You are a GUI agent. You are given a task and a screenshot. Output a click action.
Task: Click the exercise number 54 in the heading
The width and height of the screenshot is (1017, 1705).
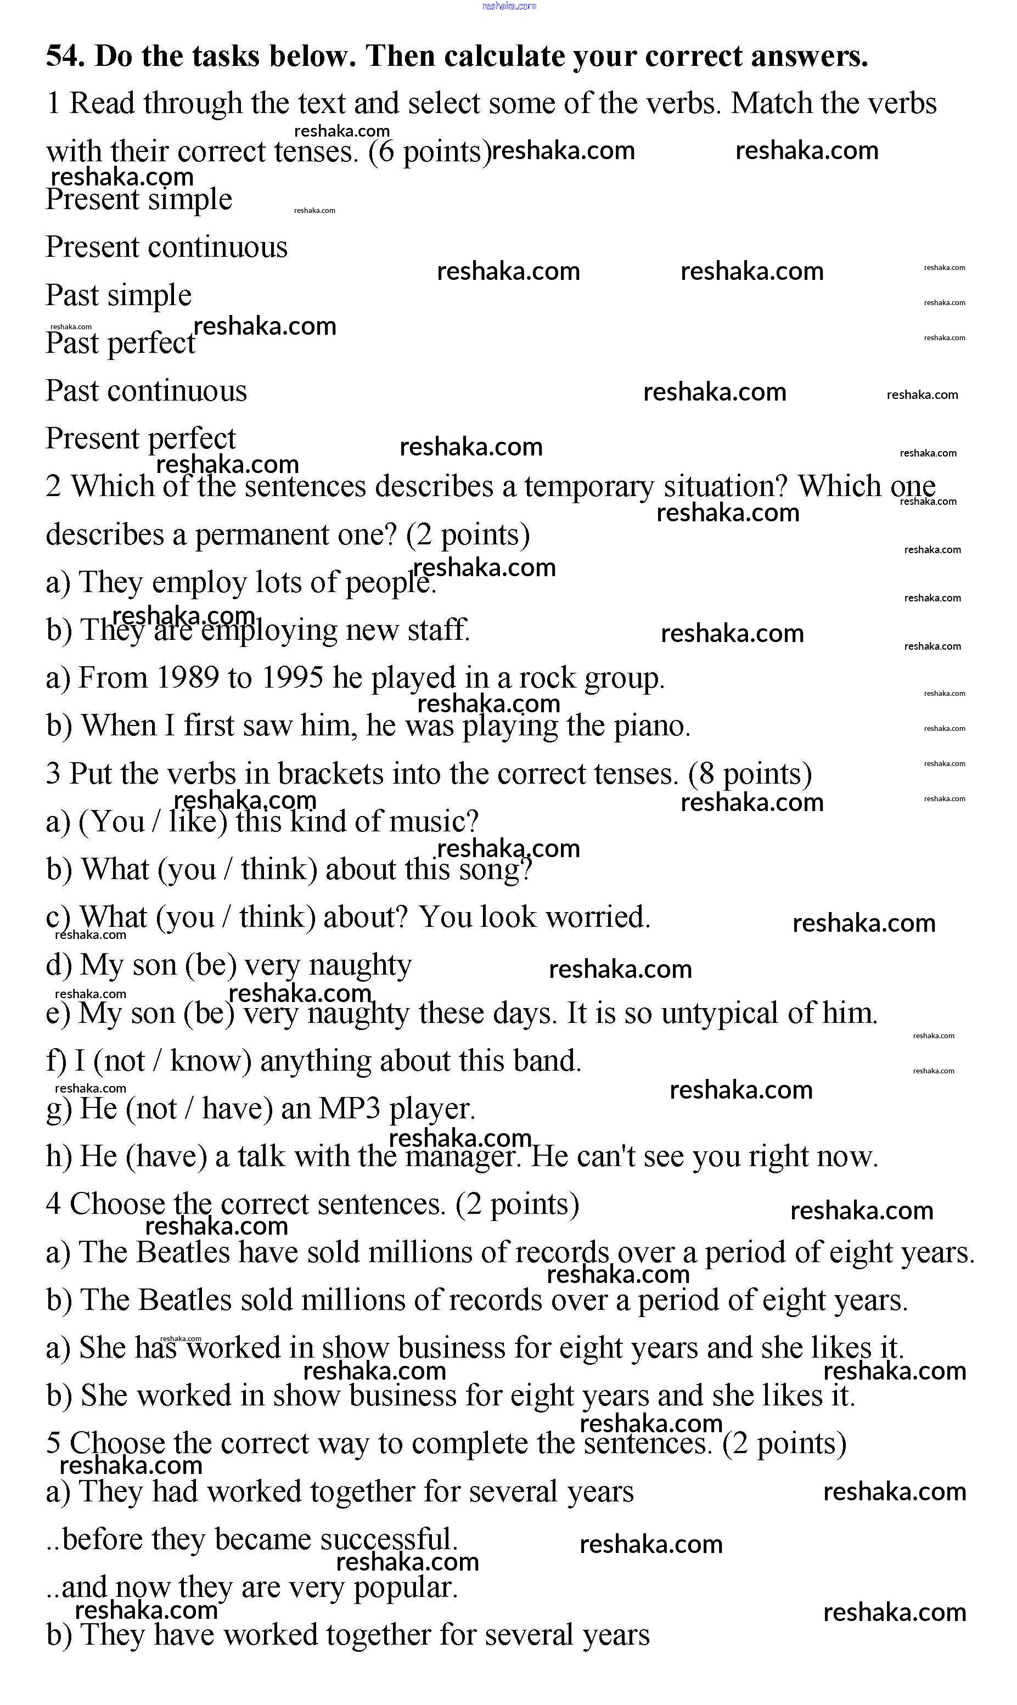(x=64, y=56)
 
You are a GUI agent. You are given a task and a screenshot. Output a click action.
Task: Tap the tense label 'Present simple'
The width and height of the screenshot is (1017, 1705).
(x=139, y=199)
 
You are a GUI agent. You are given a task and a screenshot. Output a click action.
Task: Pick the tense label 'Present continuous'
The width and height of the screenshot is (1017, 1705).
(x=166, y=247)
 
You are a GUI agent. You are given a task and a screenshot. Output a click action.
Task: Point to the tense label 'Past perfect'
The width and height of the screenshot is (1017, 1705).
(x=121, y=343)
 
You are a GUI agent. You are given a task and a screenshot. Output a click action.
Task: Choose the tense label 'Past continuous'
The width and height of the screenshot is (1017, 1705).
(x=146, y=391)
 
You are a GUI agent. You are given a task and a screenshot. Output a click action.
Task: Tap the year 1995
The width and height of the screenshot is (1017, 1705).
(x=293, y=678)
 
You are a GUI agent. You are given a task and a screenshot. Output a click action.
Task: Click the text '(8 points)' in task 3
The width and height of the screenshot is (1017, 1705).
(x=750, y=774)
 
